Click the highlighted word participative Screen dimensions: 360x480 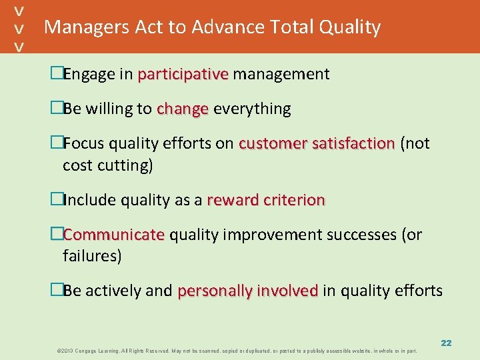pos(183,74)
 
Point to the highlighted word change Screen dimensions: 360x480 pos(182,109)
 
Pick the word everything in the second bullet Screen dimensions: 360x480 pos(252,109)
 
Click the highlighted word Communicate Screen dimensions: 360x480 pos(113,235)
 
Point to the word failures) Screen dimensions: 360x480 pos(92,256)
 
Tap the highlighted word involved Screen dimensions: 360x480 pos(287,291)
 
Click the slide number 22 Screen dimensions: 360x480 pos(446,343)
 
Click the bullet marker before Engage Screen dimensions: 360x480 pos(57,74)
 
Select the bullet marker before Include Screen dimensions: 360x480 pos(57,200)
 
